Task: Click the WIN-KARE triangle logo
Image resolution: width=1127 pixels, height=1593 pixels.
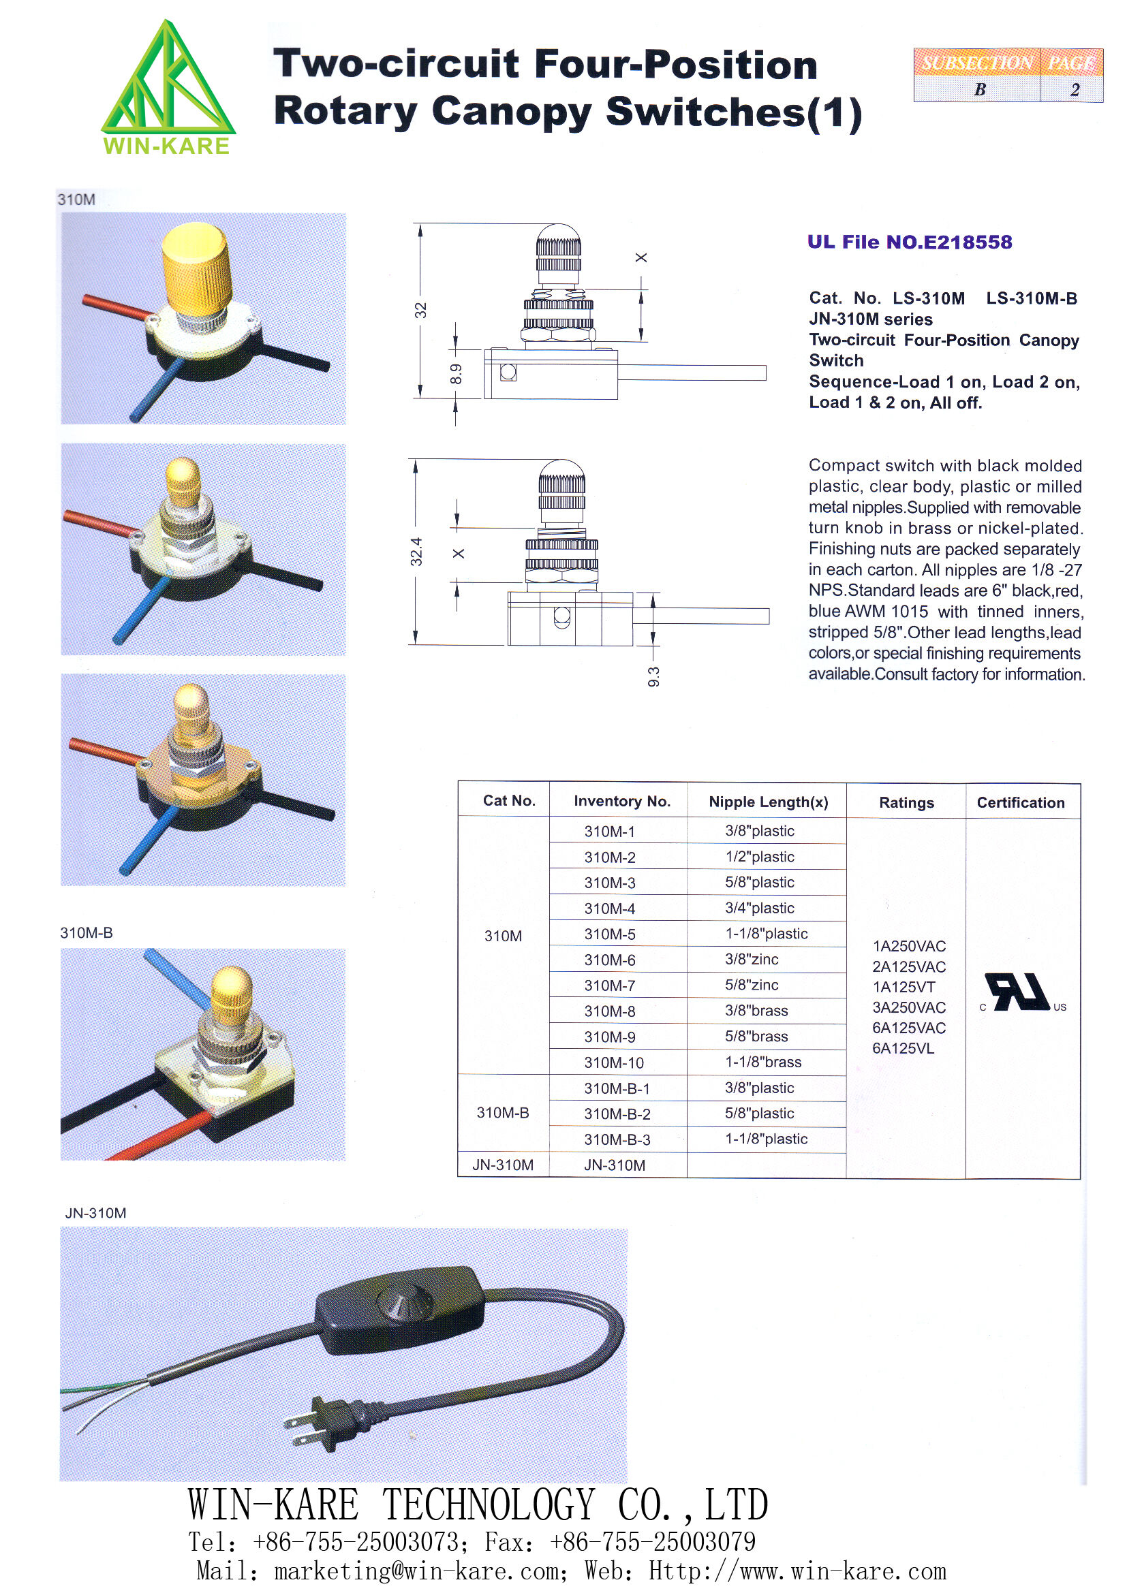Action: tap(167, 80)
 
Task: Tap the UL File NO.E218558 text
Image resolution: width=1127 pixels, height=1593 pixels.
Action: tap(909, 242)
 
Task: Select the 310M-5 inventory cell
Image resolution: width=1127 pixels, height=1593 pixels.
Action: tap(609, 934)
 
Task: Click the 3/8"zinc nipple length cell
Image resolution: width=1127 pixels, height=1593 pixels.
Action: tap(752, 960)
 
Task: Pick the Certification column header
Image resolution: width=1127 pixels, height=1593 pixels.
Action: tap(1020, 803)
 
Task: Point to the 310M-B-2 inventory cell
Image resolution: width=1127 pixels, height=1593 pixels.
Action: tap(617, 1114)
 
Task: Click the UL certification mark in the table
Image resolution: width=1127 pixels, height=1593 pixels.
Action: tap(1020, 993)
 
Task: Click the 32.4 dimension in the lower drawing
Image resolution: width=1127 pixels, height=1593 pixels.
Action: tap(416, 552)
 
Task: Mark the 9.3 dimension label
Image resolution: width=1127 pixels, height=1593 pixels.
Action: tap(653, 676)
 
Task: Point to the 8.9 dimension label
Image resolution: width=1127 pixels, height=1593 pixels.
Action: tap(455, 375)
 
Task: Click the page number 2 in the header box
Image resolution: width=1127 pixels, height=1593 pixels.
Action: tap(1075, 89)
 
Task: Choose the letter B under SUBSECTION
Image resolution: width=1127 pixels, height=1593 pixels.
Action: tap(980, 89)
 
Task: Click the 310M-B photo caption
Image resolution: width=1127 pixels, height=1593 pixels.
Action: tap(86, 933)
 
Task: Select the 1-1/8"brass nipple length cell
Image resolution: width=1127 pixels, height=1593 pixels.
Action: tap(762, 1062)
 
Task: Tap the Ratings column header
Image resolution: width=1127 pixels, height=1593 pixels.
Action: tap(906, 803)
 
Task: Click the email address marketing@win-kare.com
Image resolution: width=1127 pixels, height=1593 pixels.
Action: tap(416, 1571)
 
